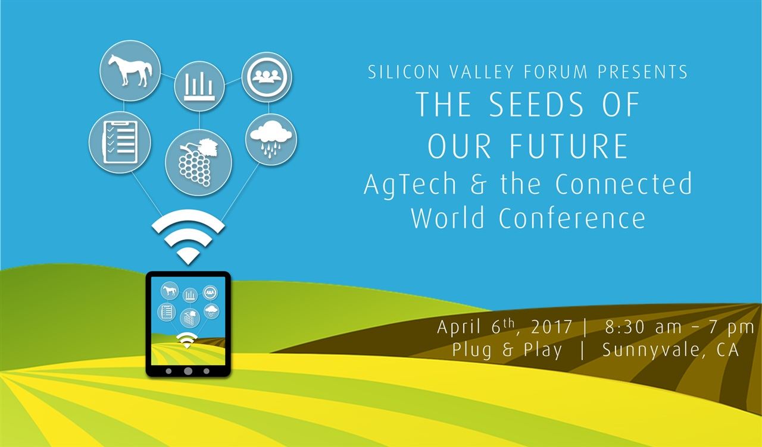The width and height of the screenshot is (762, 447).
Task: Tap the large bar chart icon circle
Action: (x=199, y=86)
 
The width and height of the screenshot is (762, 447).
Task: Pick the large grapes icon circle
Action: (x=198, y=162)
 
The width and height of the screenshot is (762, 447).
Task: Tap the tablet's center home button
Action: (x=188, y=371)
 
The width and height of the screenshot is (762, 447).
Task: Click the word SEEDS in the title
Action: (x=535, y=105)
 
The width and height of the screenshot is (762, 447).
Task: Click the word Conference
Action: (x=572, y=218)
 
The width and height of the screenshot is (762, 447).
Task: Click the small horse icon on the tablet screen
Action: (x=170, y=290)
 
